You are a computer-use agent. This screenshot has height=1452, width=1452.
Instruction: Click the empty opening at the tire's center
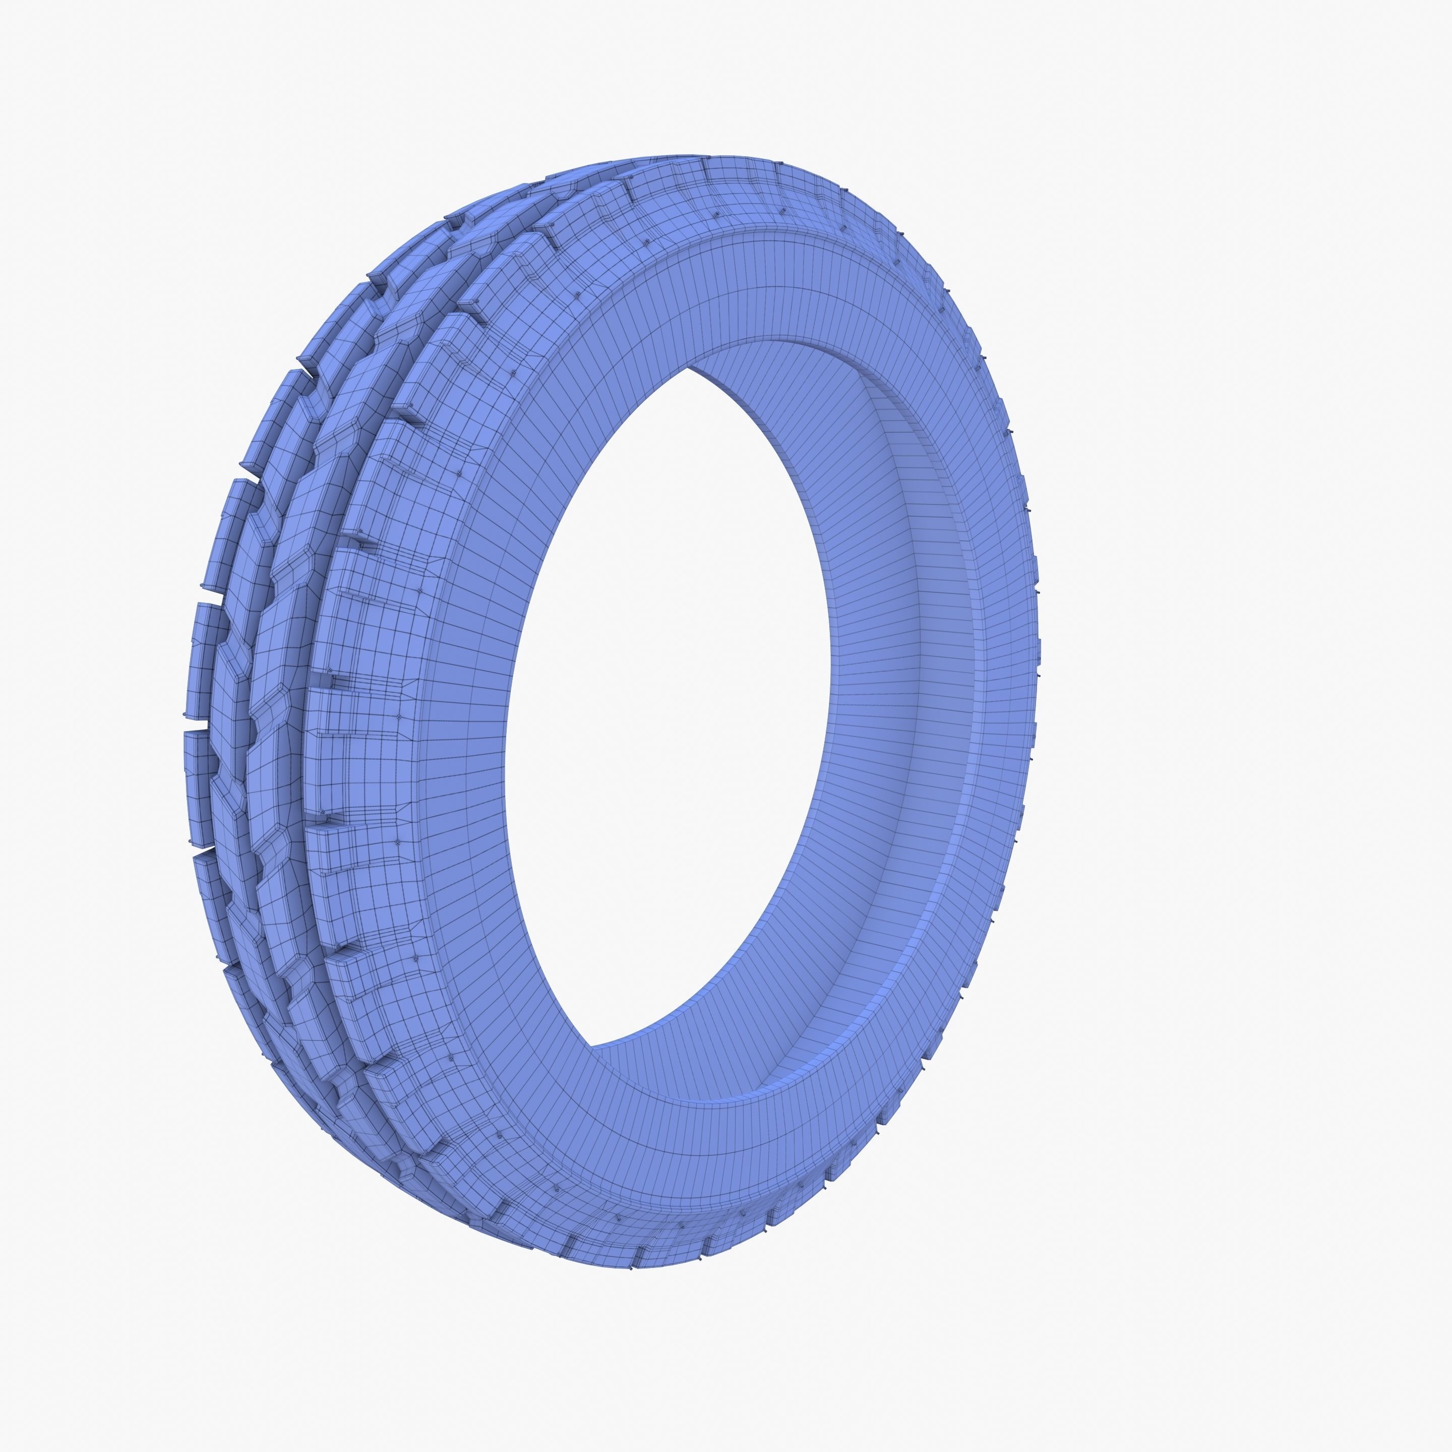click(661, 706)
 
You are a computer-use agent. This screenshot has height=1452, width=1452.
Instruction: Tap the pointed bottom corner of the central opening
click(594, 1046)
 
